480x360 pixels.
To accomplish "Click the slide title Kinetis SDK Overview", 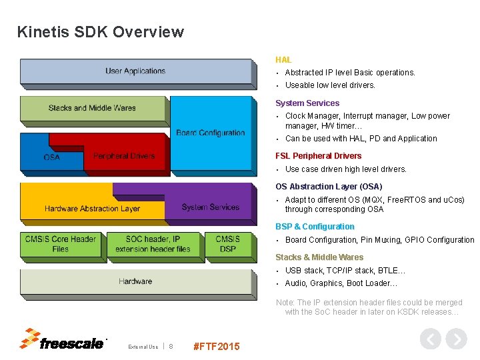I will [100, 32].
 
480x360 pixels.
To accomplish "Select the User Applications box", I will [135, 71].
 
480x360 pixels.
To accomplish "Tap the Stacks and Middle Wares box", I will [92, 108].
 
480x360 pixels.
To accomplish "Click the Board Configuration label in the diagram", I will [211, 133].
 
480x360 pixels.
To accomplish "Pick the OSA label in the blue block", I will [51, 157].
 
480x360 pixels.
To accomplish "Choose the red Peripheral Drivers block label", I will [124, 156].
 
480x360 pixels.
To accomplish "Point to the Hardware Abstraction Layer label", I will [92, 209].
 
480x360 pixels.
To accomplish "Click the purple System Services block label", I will [210, 207].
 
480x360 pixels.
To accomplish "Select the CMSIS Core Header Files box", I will [61, 244].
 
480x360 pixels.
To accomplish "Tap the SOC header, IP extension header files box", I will [153, 244].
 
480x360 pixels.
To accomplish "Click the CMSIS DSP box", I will [228, 244].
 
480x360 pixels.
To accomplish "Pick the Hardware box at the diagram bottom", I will [135, 281].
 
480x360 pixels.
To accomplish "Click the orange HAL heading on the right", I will [283, 60].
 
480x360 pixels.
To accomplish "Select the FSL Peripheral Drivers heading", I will [319, 156].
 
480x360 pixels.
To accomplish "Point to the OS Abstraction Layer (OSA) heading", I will [329, 187].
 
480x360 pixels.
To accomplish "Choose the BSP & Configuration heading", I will [315, 227].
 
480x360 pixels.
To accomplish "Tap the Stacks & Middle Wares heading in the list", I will [319, 257].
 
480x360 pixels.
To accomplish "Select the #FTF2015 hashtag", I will [216, 346].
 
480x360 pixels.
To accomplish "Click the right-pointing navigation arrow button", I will [456, 339].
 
